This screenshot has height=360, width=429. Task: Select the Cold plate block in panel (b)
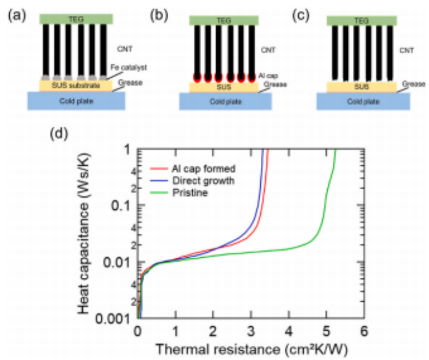[225, 101]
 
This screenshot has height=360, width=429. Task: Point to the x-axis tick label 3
[251, 331]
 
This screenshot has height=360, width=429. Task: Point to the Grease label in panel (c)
[414, 84]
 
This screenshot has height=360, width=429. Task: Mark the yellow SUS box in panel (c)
[363, 87]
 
